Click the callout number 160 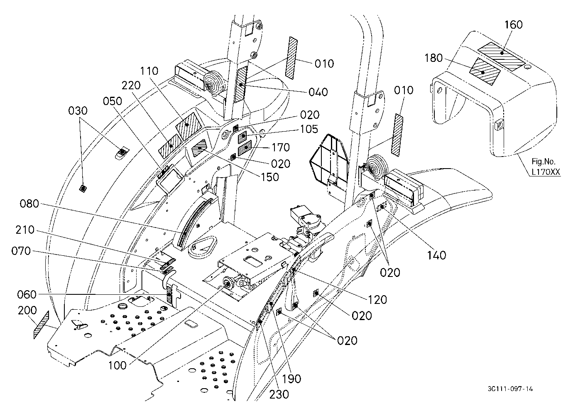coord(513,25)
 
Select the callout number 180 coord(433,58)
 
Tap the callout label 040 coord(318,92)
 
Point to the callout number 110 coord(149,71)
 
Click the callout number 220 coord(131,86)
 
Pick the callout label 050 coord(112,101)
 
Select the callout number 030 coord(78,111)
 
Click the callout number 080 coord(29,204)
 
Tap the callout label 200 coord(27,310)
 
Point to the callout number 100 coord(117,366)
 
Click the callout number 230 coord(279,394)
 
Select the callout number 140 coord(436,255)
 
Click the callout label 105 coord(309,129)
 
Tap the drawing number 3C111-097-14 coord(510,389)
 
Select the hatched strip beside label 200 coord(41,325)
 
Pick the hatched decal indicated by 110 coord(189,124)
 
